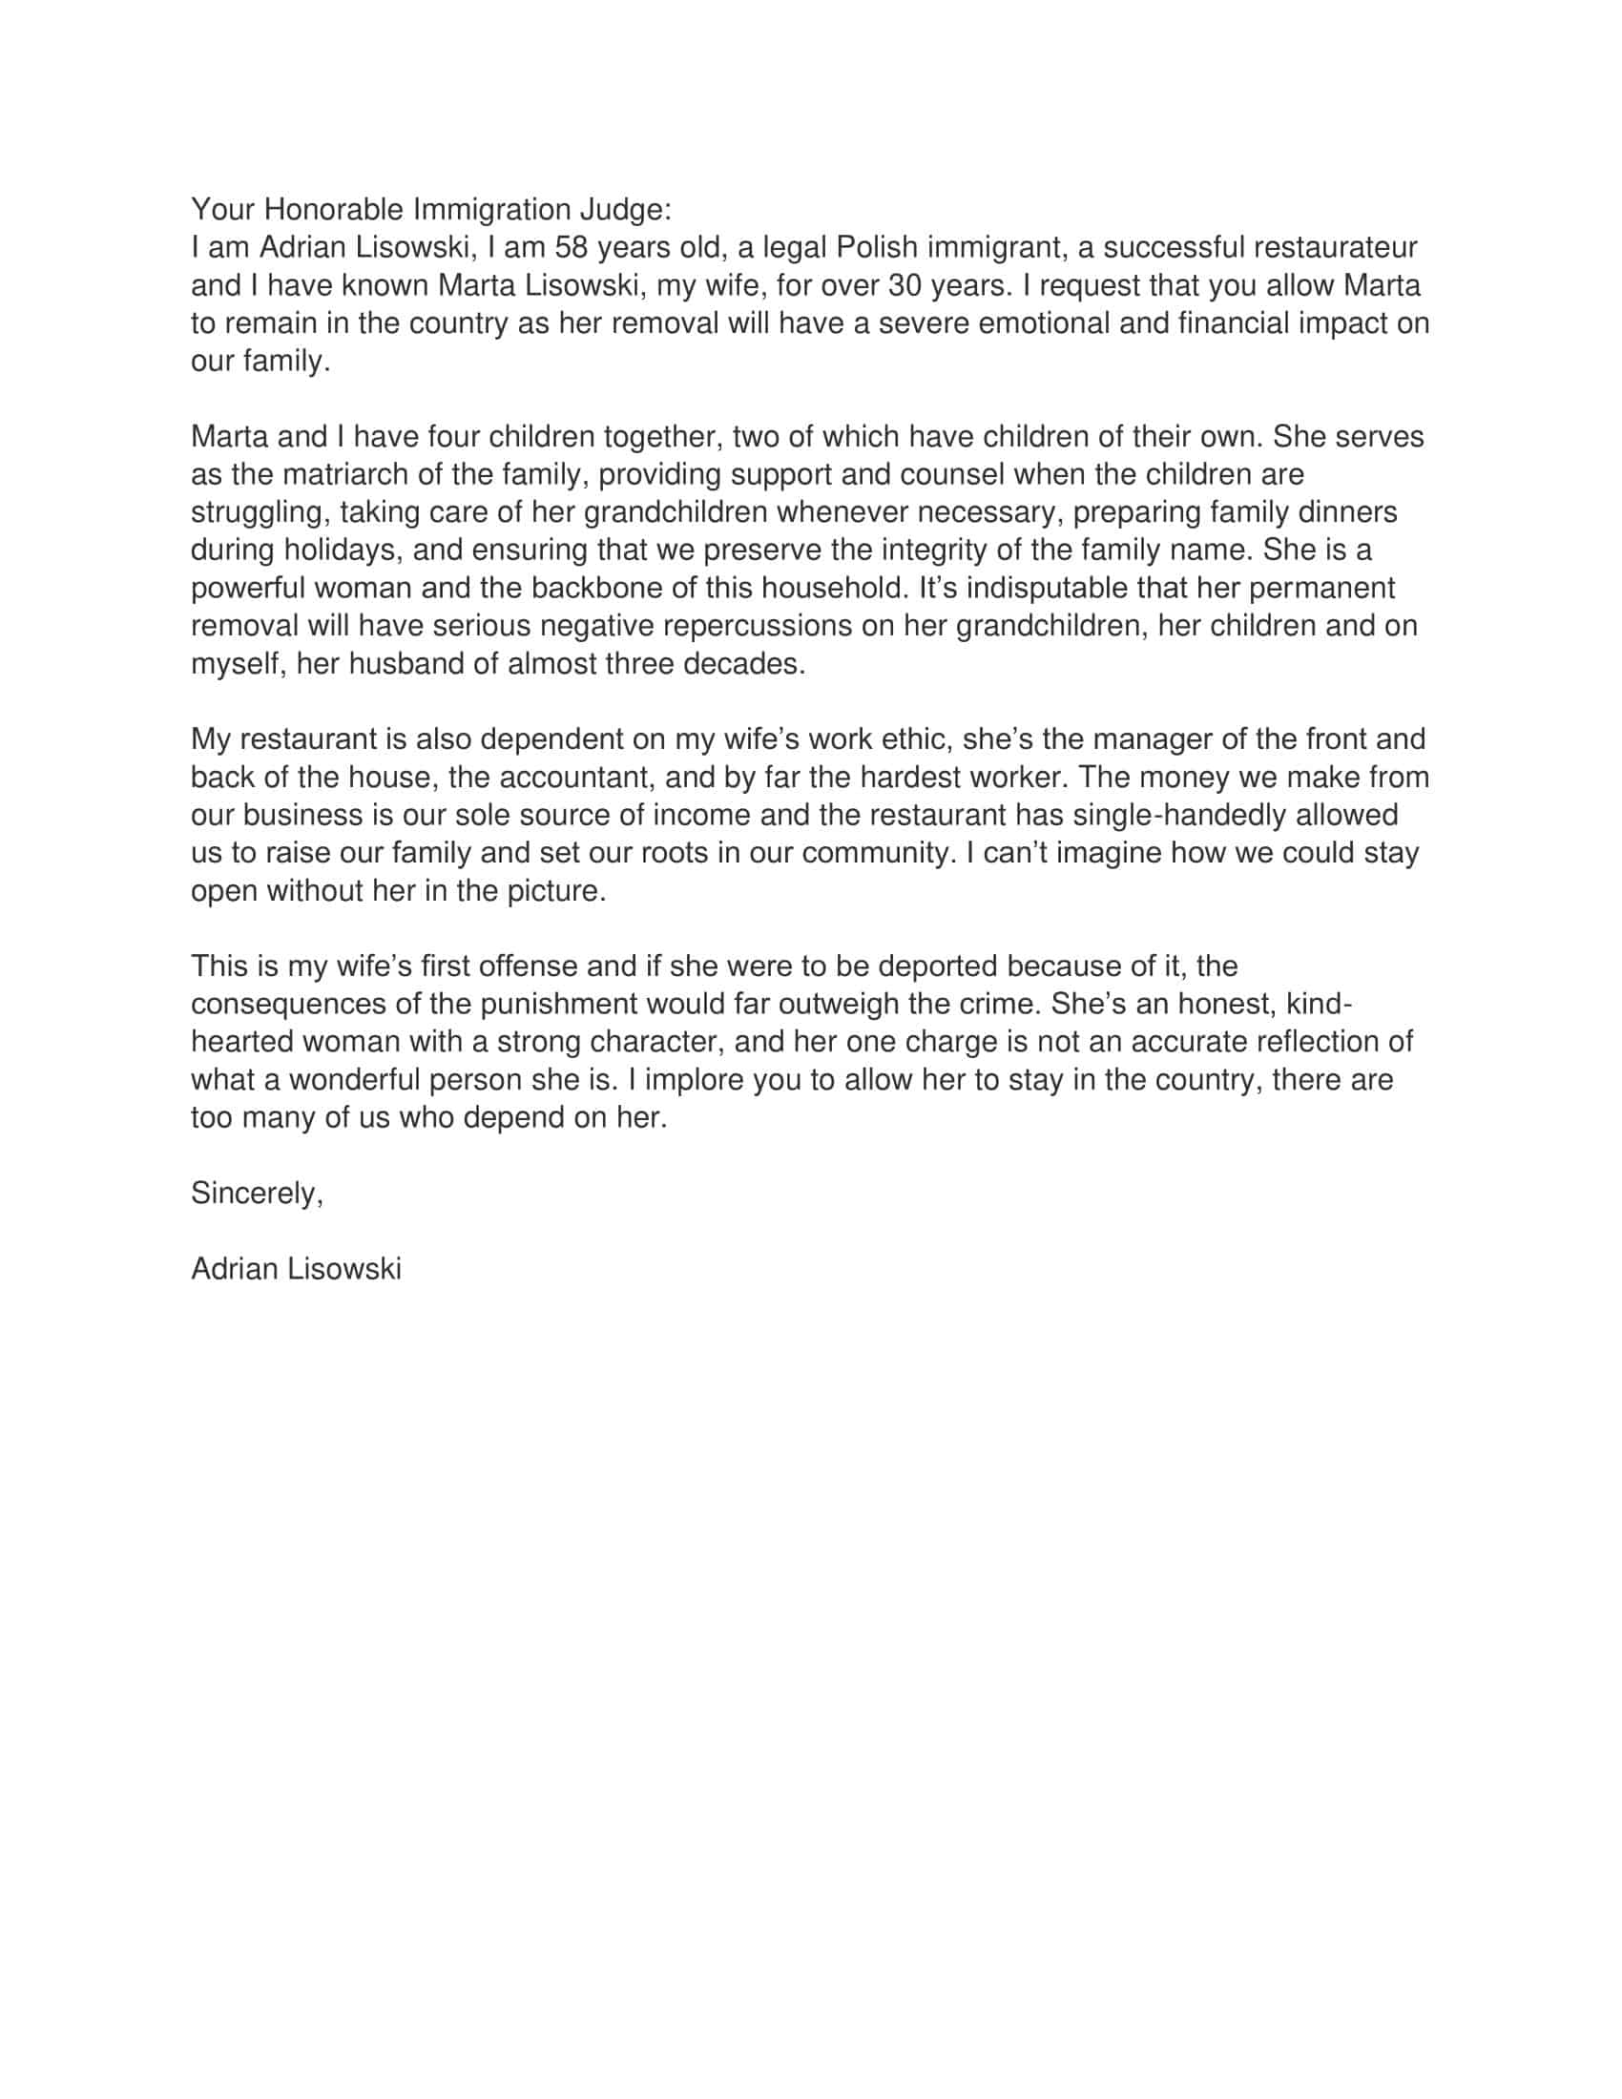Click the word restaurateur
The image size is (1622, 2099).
[1335, 247]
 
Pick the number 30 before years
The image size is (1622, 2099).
[908, 285]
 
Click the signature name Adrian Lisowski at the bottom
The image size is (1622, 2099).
[296, 1269]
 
